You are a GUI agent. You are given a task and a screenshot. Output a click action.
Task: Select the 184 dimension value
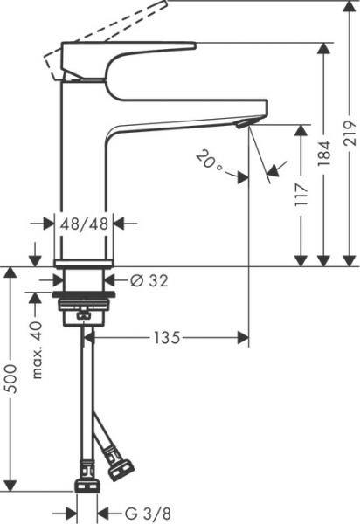pyautogui.click(x=326, y=155)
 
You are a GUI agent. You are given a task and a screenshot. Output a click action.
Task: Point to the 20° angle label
pyautogui.click(x=209, y=160)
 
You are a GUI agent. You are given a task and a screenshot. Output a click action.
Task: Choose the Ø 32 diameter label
pyautogui.click(x=149, y=280)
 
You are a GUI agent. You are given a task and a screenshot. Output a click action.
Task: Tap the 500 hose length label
pyautogui.click(x=11, y=377)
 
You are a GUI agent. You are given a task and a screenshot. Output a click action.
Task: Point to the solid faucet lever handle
pyautogui.click(x=131, y=52)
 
